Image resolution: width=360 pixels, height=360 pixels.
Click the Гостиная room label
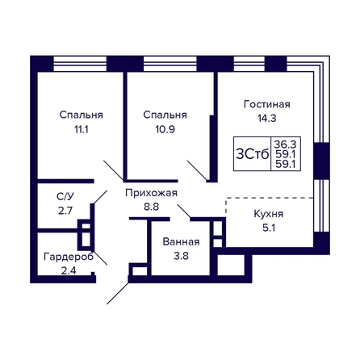[x=267, y=104]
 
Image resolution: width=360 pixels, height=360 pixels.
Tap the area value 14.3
[x=267, y=118]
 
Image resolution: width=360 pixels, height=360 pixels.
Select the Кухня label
[x=269, y=214]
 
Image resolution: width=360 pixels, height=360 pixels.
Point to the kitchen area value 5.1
[x=269, y=228]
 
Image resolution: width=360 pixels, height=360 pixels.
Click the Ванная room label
[x=181, y=242]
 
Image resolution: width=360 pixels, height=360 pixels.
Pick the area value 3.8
[x=181, y=256]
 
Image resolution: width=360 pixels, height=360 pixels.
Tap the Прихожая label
[x=151, y=193]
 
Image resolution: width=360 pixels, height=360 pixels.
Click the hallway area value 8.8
[x=151, y=207]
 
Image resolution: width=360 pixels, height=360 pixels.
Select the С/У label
[x=65, y=197]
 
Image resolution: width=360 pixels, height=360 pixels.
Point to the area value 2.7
[x=65, y=211]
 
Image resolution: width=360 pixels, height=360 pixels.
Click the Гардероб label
[x=69, y=257]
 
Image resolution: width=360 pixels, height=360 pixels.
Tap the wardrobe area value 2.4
[x=69, y=270]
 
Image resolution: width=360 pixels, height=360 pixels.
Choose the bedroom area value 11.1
[x=82, y=129]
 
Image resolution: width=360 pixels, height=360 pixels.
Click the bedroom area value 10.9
[x=165, y=129]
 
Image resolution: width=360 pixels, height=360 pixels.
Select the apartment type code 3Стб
[x=252, y=154]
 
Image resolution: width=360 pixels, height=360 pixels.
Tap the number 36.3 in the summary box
[x=285, y=144]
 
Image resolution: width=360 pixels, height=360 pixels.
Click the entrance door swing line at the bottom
[x=118, y=293]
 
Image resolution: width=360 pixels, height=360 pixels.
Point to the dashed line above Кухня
[x=270, y=198]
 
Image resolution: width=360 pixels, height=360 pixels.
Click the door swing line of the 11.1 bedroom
[x=114, y=170]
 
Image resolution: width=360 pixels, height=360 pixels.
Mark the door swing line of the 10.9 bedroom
[x=197, y=170]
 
